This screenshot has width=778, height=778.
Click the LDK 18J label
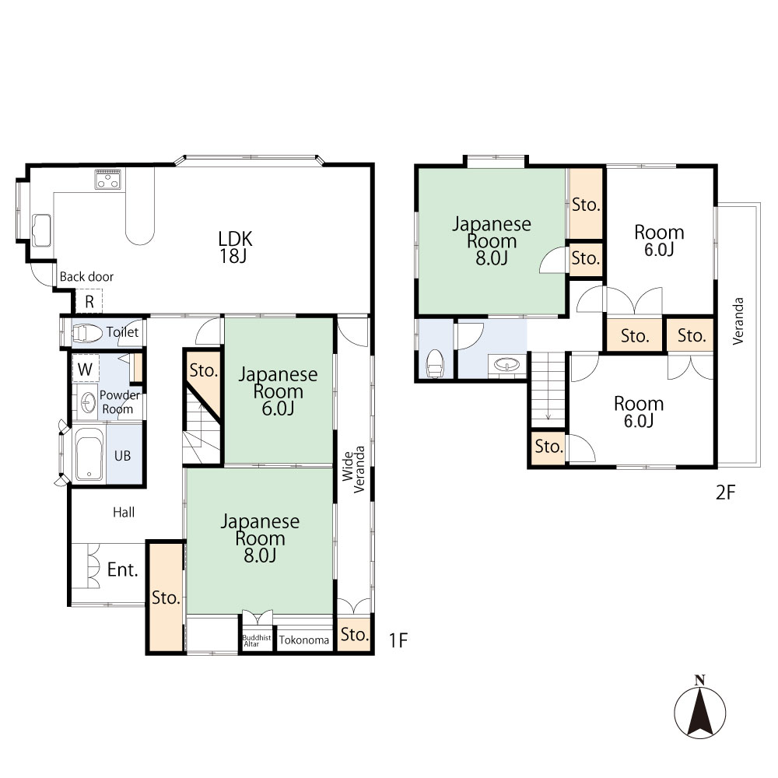click(x=235, y=247)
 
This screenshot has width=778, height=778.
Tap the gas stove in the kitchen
click(x=107, y=179)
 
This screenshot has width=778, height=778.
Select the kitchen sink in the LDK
click(x=41, y=230)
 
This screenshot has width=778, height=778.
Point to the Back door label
click(x=86, y=276)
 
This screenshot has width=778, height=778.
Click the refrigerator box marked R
click(x=89, y=302)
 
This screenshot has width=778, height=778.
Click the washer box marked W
click(x=86, y=369)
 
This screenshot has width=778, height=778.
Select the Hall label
click(x=124, y=512)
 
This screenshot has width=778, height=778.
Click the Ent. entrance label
click(x=123, y=569)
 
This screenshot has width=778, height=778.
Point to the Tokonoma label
click(x=303, y=640)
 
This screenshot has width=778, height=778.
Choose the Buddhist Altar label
click(x=257, y=640)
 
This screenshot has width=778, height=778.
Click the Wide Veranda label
click(x=353, y=469)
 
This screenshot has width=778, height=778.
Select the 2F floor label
click(x=725, y=492)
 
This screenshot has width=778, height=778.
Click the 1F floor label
click(x=398, y=640)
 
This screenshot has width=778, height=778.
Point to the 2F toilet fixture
click(x=435, y=363)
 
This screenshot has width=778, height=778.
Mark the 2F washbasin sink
click(x=506, y=365)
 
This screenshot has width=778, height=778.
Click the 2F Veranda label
click(x=738, y=321)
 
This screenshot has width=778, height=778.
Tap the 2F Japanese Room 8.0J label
click(x=491, y=241)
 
